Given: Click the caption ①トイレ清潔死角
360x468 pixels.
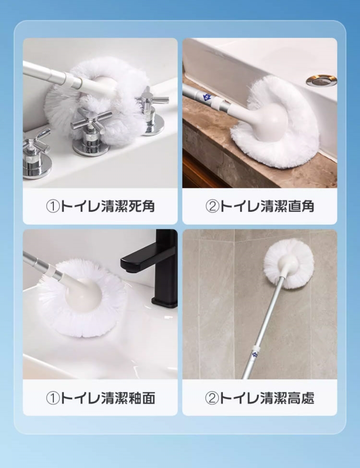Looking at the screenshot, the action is (100, 206).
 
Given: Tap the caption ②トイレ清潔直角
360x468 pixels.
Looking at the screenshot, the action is (260, 206).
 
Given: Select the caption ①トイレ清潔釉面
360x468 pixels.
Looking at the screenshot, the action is (100, 398).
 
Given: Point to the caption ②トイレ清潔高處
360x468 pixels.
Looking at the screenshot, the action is (260, 398).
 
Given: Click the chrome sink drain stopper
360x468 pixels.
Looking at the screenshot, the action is (322, 81).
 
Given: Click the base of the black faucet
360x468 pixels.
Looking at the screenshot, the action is (165, 301).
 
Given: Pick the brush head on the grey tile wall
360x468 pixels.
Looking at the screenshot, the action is (288, 264).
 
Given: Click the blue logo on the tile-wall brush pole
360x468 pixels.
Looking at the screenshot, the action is (255, 354).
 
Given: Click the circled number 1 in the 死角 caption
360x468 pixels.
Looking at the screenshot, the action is (53, 206).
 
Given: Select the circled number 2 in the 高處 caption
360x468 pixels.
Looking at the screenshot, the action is (212, 398).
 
